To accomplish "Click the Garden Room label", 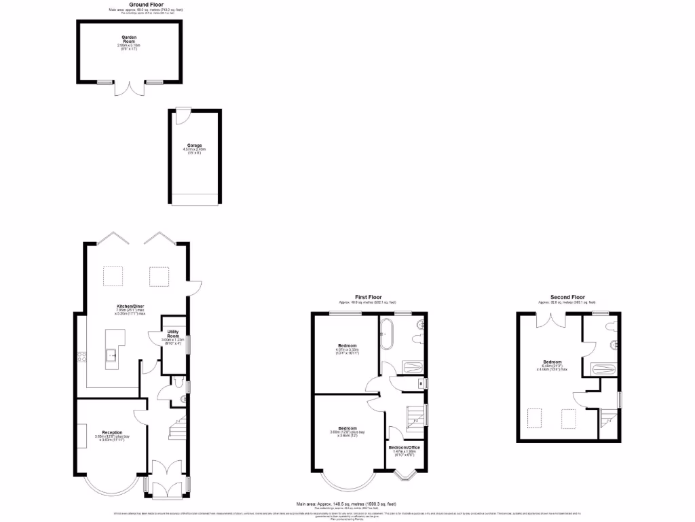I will click(x=129, y=40).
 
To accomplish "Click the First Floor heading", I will click(x=367, y=297).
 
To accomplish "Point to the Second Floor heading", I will click(x=567, y=297).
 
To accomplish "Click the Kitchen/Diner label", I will click(x=130, y=307).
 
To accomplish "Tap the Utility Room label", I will click(x=172, y=334).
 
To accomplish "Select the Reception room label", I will click(x=112, y=432).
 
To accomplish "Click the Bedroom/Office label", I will click(x=404, y=447).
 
